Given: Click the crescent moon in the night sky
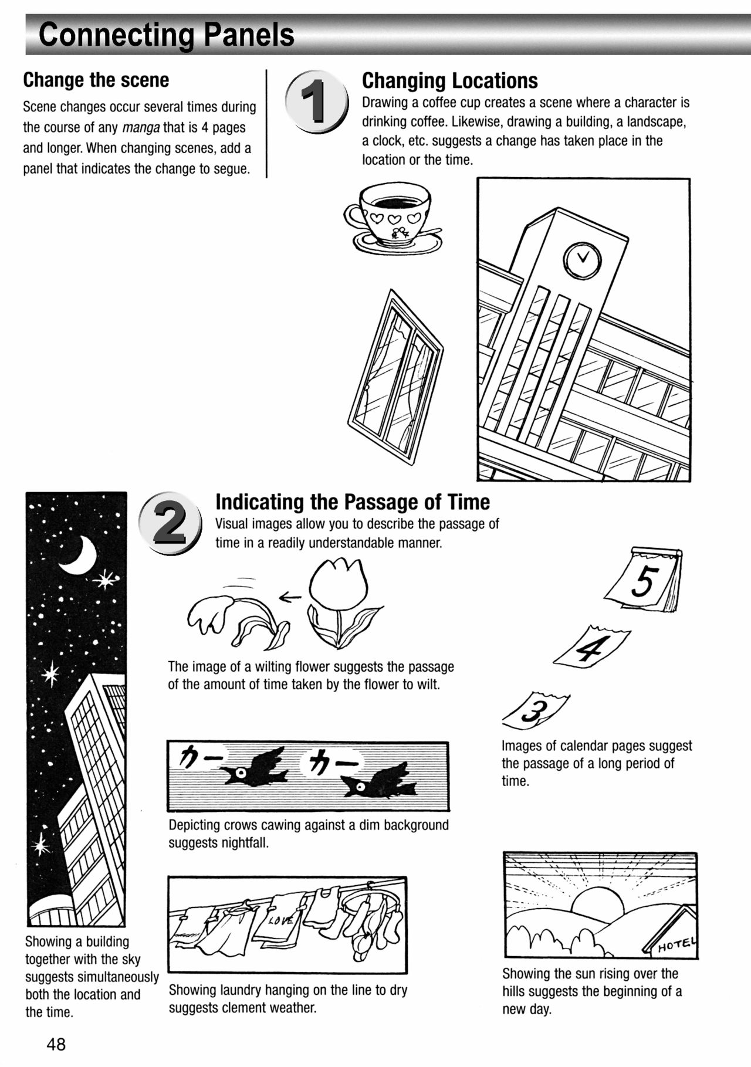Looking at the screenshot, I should [80, 555].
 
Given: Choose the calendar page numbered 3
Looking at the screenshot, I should [535, 709].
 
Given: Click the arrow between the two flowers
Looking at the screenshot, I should [290, 597].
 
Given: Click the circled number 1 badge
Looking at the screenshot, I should [317, 101].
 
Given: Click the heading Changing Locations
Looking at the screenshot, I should [449, 80].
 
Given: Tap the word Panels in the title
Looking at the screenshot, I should [249, 35].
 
